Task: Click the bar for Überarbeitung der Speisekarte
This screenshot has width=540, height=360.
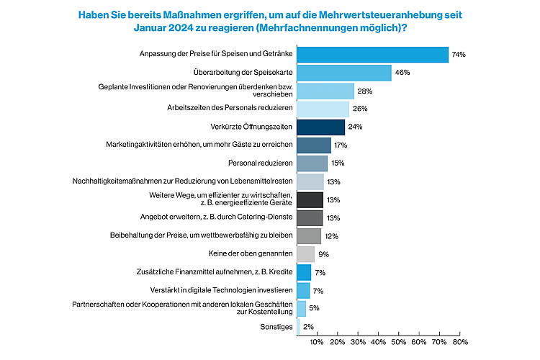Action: (343, 73)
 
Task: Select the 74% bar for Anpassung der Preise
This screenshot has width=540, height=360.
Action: (372, 55)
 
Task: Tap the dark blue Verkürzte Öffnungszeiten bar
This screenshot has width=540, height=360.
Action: (320, 127)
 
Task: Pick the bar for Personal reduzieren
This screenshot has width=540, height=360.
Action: (312, 163)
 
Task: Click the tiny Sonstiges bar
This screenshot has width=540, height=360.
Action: (298, 326)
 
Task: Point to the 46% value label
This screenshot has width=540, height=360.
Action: (402, 73)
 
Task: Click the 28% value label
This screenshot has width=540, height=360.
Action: (364, 91)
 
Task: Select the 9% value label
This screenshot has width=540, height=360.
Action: (323, 254)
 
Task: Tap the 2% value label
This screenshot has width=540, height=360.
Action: (308, 327)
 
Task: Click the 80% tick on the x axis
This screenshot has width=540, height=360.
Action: (460, 342)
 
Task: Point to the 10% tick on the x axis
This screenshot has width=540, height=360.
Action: (316, 342)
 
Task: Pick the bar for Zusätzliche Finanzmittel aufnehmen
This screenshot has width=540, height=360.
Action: (304, 272)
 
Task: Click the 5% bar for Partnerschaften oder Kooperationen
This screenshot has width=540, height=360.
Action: (301, 308)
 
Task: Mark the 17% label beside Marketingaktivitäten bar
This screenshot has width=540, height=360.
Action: (341, 145)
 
